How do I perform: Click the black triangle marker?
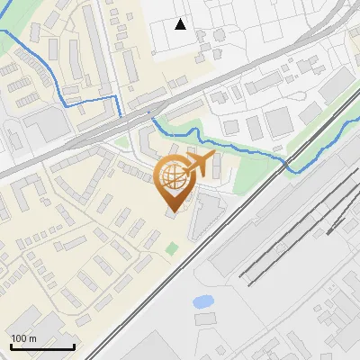click(x=181, y=24)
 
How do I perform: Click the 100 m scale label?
click(x=23, y=338)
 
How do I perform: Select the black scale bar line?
click(x=42, y=346)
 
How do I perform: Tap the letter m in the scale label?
click(x=32, y=338)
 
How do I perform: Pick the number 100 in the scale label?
click(x=18, y=338)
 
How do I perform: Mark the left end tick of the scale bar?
click(x=12, y=345)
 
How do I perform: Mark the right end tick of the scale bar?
click(x=73, y=345)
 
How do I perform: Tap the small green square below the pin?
click(x=172, y=247)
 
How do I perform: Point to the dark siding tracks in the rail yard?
click(x=288, y=243)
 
